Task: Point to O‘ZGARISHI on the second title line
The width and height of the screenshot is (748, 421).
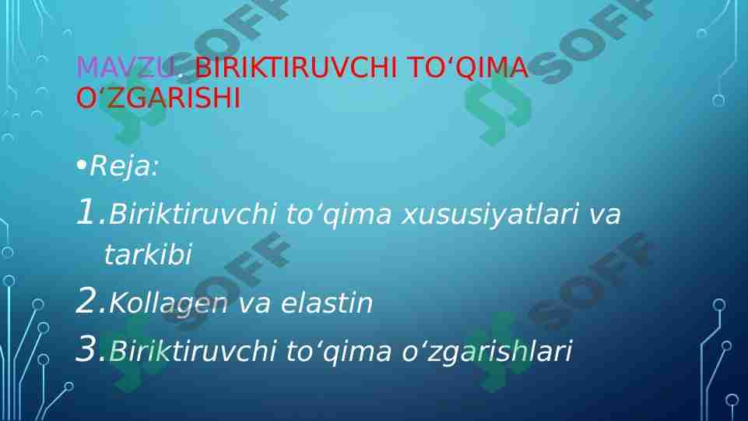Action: (x=158, y=99)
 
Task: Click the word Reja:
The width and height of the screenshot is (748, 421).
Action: (x=124, y=166)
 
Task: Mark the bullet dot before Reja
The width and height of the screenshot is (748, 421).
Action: (x=81, y=166)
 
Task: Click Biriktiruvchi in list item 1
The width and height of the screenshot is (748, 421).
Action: (x=193, y=214)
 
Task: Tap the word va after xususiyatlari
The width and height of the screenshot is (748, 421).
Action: (x=604, y=215)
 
